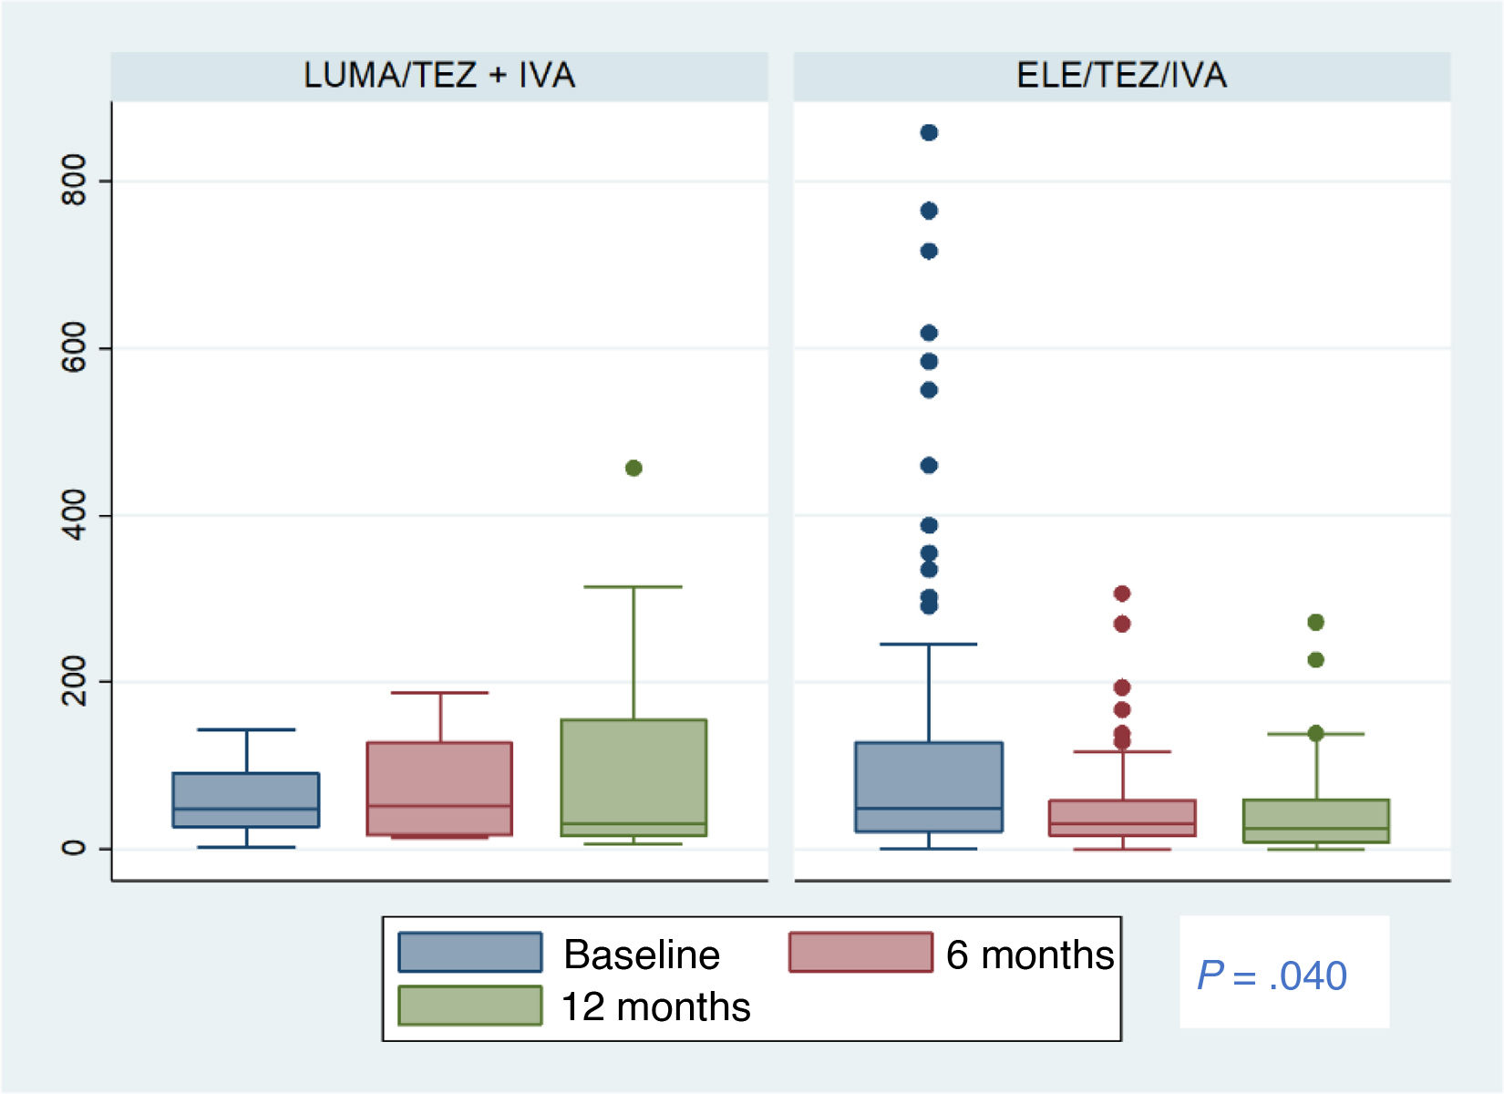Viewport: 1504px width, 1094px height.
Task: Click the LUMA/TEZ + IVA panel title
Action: point(439,75)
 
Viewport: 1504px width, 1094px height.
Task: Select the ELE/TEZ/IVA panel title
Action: point(1121,75)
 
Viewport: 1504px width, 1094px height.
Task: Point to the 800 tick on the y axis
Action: point(74,181)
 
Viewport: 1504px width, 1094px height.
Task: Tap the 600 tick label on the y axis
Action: point(74,347)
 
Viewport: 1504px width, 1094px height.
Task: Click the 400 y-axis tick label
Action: point(74,515)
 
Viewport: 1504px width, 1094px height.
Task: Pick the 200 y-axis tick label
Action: point(74,681)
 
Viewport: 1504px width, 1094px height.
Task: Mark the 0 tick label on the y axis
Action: point(74,848)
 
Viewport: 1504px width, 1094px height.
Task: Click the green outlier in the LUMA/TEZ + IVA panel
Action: point(634,468)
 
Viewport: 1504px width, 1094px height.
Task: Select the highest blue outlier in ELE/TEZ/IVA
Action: point(929,132)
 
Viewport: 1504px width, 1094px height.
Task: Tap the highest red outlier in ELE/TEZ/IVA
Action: point(1122,593)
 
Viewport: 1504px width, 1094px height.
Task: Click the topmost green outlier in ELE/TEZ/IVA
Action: point(1315,622)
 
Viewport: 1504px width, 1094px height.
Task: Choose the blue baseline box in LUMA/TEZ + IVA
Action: point(246,800)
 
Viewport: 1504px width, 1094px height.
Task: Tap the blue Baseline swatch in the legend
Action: point(469,953)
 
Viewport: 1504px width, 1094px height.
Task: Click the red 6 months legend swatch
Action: point(860,953)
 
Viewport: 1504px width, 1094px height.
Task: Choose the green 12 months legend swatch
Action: point(469,1006)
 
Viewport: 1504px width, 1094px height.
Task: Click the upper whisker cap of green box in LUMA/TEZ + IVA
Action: point(634,587)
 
